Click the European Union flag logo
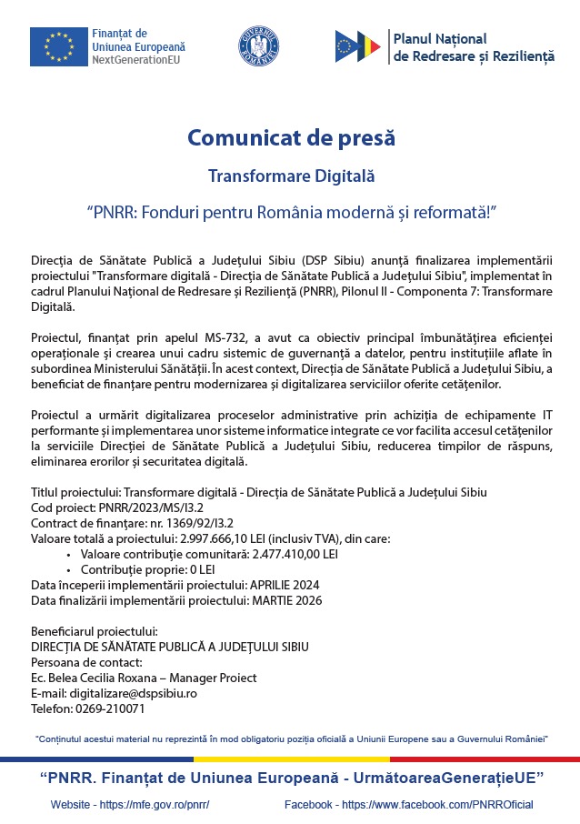[59, 46]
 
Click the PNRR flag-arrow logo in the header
[357, 46]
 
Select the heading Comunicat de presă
[291, 138]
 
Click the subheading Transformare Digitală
[291, 176]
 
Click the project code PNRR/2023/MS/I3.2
[146, 507]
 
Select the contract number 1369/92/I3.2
[175, 523]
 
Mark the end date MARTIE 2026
[285, 600]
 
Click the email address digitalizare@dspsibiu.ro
[135, 693]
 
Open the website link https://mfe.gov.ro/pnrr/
[155, 805]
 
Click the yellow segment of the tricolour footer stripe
[291, 759]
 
